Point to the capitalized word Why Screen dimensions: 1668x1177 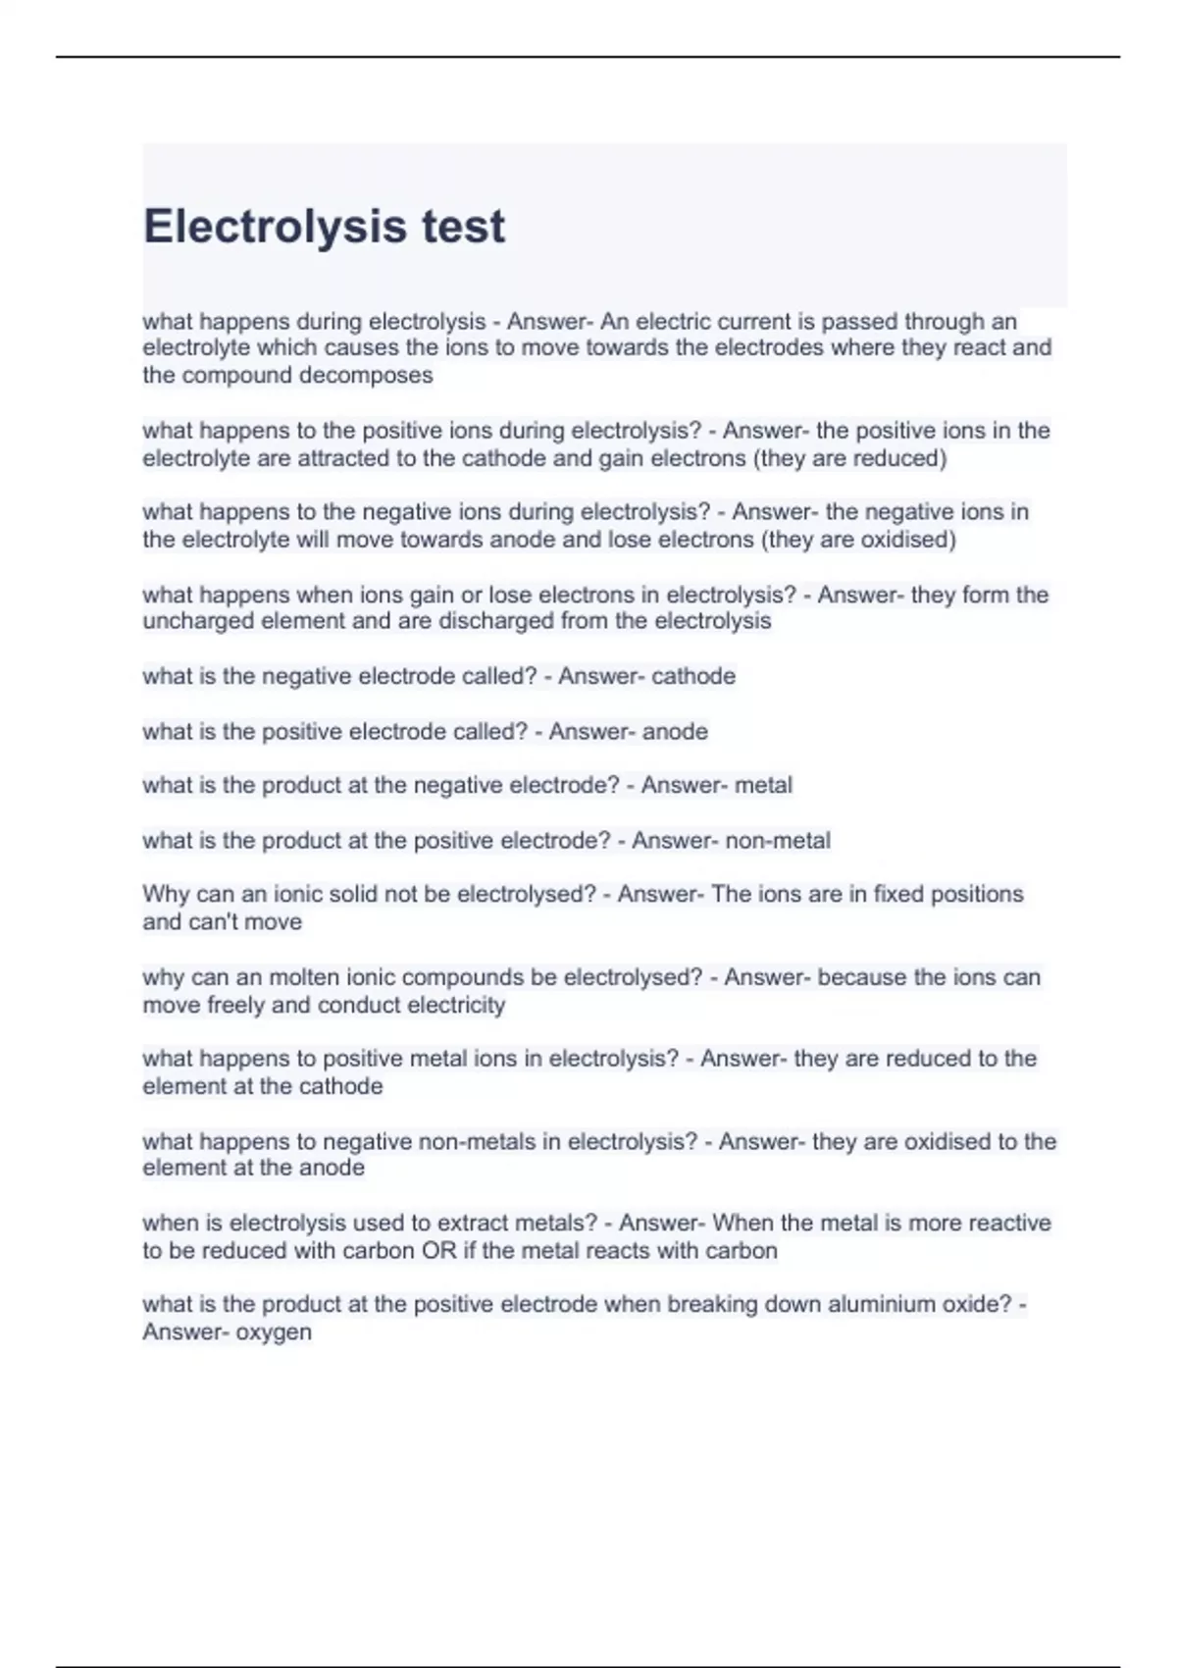point(166,895)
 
